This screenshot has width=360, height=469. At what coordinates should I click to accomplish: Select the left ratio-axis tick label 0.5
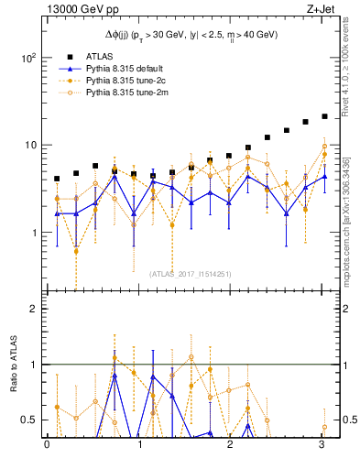[x=28, y=420]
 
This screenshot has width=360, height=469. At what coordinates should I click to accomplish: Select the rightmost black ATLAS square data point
[x=324, y=116]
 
